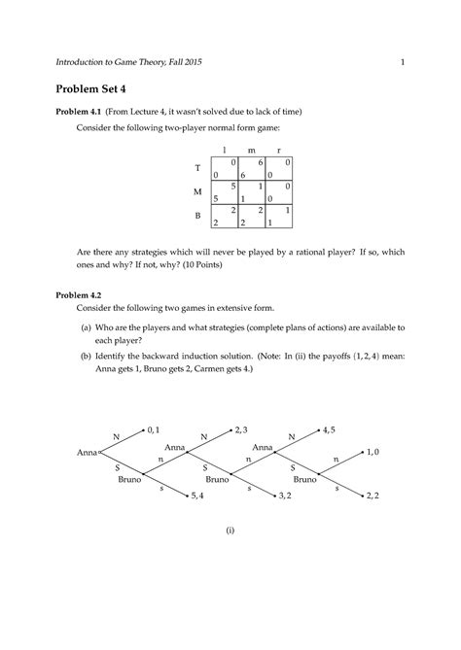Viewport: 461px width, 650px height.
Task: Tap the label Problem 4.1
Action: [89, 113]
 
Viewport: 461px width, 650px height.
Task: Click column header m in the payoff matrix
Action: [252, 150]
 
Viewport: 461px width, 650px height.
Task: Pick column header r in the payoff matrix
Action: [279, 150]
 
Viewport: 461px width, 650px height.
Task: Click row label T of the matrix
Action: [197, 167]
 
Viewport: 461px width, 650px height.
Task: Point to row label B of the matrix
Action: [197, 215]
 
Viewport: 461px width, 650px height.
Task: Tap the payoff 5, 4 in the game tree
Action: [196, 496]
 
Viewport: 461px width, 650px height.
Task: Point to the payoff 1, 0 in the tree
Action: [373, 452]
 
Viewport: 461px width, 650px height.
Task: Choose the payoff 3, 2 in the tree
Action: [285, 496]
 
